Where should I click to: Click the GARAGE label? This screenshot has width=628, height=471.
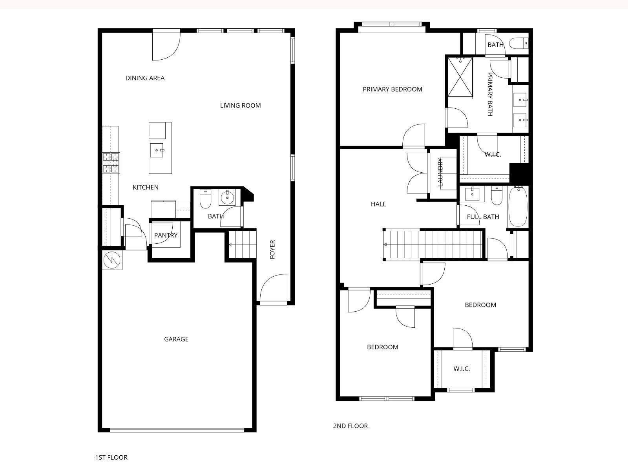click(176, 339)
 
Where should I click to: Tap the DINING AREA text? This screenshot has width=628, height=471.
click(145, 78)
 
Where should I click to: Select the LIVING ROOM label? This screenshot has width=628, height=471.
click(240, 106)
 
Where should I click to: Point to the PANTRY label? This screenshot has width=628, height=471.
click(166, 235)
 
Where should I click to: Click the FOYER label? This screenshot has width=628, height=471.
click(272, 249)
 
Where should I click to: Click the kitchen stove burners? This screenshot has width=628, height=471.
click(111, 163)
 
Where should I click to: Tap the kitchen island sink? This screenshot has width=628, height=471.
click(157, 150)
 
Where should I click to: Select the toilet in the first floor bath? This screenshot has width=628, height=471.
click(205, 199)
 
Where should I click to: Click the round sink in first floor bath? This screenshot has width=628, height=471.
click(227, 197)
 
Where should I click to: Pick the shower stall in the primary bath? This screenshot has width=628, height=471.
click(460, 77)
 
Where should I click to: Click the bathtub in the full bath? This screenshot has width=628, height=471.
click(518, 206)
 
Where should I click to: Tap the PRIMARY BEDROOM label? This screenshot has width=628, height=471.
click(392, 89)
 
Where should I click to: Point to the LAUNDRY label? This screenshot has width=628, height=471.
click(440, 172)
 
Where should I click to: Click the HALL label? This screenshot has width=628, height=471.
click(378, 204)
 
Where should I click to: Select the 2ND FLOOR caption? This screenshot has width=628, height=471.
click(350, 426)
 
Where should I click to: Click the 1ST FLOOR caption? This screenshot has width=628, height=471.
click(111, 457)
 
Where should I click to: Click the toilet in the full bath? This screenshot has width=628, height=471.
click(497, 195)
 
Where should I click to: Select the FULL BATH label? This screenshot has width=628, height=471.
click(483, 217)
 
